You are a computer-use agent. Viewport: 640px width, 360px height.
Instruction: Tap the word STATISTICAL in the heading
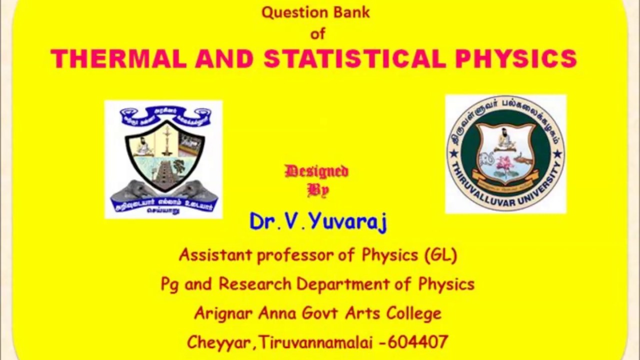pos(354,59)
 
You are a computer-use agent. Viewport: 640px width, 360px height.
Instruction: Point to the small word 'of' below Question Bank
pos(318,33)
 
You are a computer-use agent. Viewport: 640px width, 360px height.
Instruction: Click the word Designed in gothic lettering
pos(316,171)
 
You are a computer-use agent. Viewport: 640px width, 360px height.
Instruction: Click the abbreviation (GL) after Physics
pos(440,255)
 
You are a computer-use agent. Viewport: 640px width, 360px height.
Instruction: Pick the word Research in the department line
pos(254,284)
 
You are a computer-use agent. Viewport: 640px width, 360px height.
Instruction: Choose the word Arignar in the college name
pos(223,313)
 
